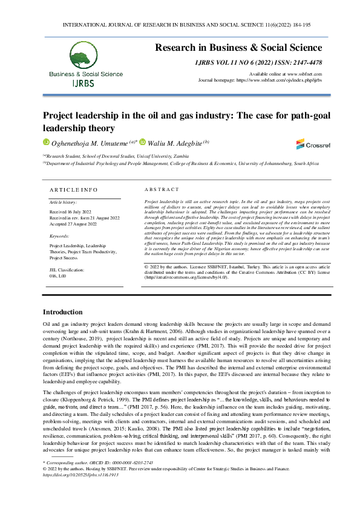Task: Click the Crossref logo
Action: pos(309,144)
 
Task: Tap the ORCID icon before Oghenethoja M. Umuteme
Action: pos(46,143)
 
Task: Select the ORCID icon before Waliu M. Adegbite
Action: pos(143,143)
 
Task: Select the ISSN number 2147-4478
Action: pos(306,62)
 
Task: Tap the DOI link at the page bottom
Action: pos(80,475)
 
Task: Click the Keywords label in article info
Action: pos(59,236)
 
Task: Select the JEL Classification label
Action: pos(67,269)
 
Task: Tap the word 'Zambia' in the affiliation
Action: pos(200,156)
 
